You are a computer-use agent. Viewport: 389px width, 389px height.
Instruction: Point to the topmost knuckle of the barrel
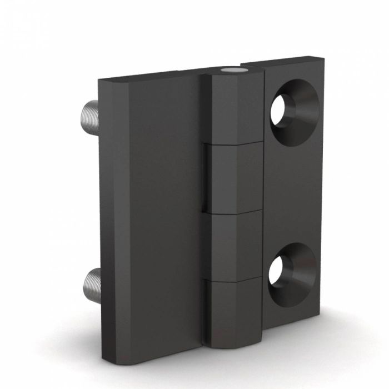coord(233,108)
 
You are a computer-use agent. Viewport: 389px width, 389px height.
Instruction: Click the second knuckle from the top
coord(233,178)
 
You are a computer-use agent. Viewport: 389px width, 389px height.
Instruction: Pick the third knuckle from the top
coord(233,245)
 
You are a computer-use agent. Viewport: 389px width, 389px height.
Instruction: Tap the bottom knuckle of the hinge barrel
coord(233,311)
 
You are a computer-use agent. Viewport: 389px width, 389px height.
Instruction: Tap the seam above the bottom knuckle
coord(233,279)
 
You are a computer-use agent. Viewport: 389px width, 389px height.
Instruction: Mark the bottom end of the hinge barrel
coord(233,346)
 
